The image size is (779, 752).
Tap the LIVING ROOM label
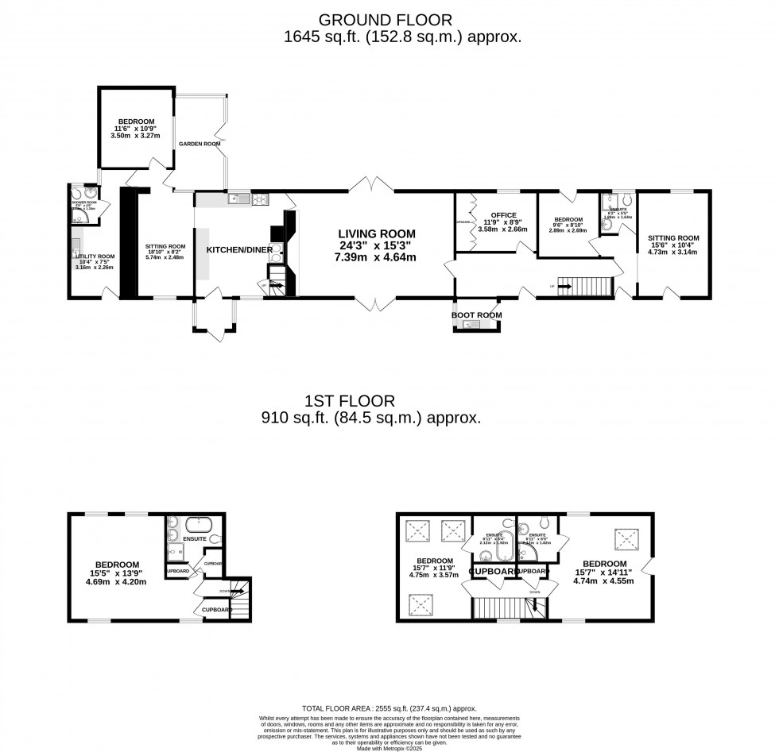pyautogui.click(x=376, y=233)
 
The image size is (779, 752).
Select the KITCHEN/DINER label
pyautogui.click(x=239, y=249)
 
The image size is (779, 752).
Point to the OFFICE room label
pyautogui.click(x=503, y=215)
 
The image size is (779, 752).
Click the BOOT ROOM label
pyautogui.click(x=476, y=315)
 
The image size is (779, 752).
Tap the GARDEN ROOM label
pyautogui.click(x=199, y=144)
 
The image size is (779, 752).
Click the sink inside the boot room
pyautogui.click(x=470, y=324)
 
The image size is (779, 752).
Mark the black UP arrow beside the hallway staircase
pyautogui.click(x=564, y=286)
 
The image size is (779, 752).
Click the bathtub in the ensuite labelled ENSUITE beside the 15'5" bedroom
pyautogui.click(x=196, y=525)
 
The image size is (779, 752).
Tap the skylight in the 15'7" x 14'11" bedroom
pyautogui.click(x=626, y=540)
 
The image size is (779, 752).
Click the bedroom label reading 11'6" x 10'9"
pyautogui.click(x=134, y=129)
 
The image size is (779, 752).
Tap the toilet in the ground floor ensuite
pyautogui.click(x=625, y=199)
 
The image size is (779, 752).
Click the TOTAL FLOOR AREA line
pyautogui.click(x=389, y=708)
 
